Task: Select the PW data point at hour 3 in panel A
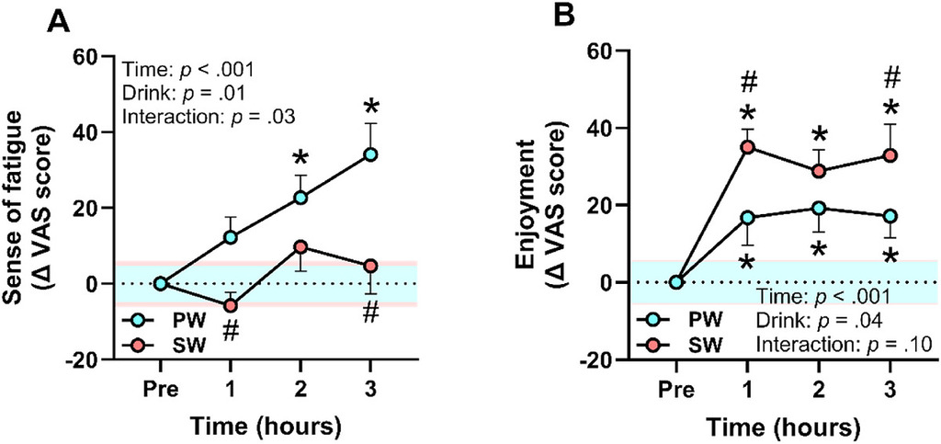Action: click(x=370, y=154)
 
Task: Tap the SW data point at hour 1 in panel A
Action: click(x=230, y=305)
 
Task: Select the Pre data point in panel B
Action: click(x=676, y=282)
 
